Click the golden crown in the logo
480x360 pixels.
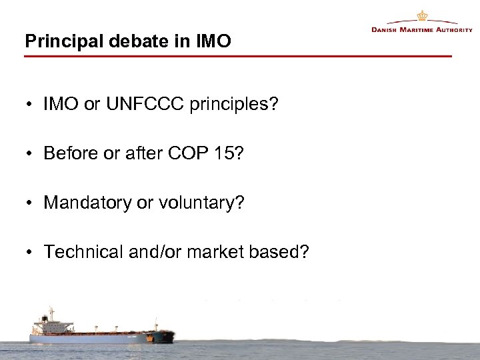(x=422, y=15)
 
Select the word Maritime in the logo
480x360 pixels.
(x=419, y=30)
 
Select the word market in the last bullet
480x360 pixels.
(x=213, y=251)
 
